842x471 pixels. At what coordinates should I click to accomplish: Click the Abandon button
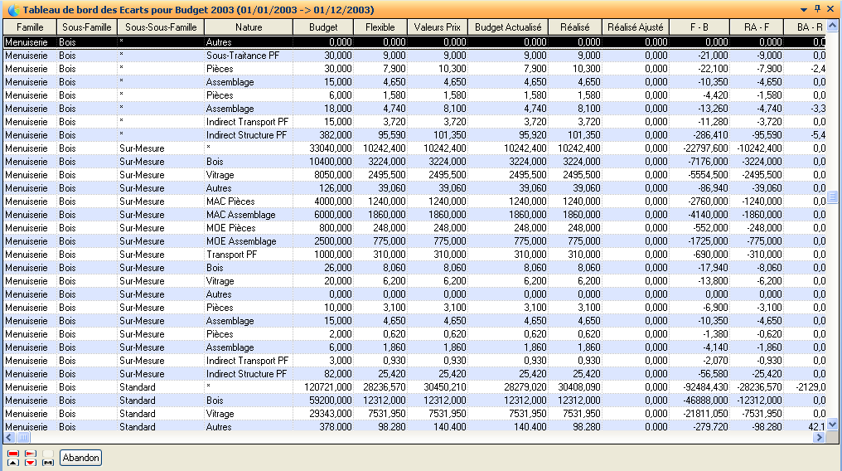pyautogui.click(x=80, y=458)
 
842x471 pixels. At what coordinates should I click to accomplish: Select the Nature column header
pyautogui.click(x=249, y=27)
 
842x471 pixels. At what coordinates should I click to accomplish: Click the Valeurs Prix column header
pyautogui.click(x=437, y=27)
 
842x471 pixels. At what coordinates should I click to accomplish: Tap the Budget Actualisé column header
pyautogui.click(x=509, y=27)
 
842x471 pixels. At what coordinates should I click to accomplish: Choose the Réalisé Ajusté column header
pyautogui.click(x=636, y=27)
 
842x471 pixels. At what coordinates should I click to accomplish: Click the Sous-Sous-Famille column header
pyautogui.click(x=161, y=27)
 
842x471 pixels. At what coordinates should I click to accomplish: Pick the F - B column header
pyautogui.click(x=699, y=27)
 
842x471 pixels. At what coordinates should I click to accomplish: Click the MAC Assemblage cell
pyautogui.click(x=241, y=215)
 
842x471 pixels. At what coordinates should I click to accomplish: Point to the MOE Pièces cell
pyautogui.click(x=231, y=228)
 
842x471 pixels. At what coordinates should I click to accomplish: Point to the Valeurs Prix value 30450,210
pyautogui.click(x=438, y=387)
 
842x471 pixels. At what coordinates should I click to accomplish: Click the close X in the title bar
pyautogui.click(x=831, y=8)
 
